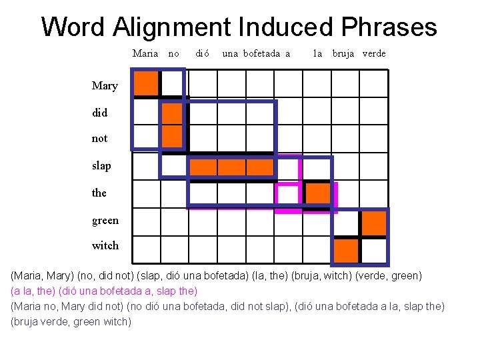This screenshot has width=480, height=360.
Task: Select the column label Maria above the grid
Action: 145,53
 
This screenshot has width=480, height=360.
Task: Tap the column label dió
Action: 202,53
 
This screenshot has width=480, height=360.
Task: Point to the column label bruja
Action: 344,53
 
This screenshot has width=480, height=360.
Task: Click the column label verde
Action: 374,53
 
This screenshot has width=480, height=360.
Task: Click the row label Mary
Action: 105,85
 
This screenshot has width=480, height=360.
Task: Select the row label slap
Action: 102,165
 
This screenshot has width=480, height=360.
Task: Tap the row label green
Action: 105,220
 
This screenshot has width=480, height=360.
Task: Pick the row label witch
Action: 105,245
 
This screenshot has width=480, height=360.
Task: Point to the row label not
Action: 99,139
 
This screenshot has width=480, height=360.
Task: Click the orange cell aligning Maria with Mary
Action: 146,84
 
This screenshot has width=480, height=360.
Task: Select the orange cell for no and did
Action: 173,112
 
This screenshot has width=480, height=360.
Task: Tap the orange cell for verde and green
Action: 374,223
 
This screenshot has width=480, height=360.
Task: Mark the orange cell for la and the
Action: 317,193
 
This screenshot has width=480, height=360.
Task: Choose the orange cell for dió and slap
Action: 203,167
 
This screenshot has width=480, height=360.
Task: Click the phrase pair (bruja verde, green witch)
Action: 71,321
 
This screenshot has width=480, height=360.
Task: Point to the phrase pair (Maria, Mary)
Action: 43,275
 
